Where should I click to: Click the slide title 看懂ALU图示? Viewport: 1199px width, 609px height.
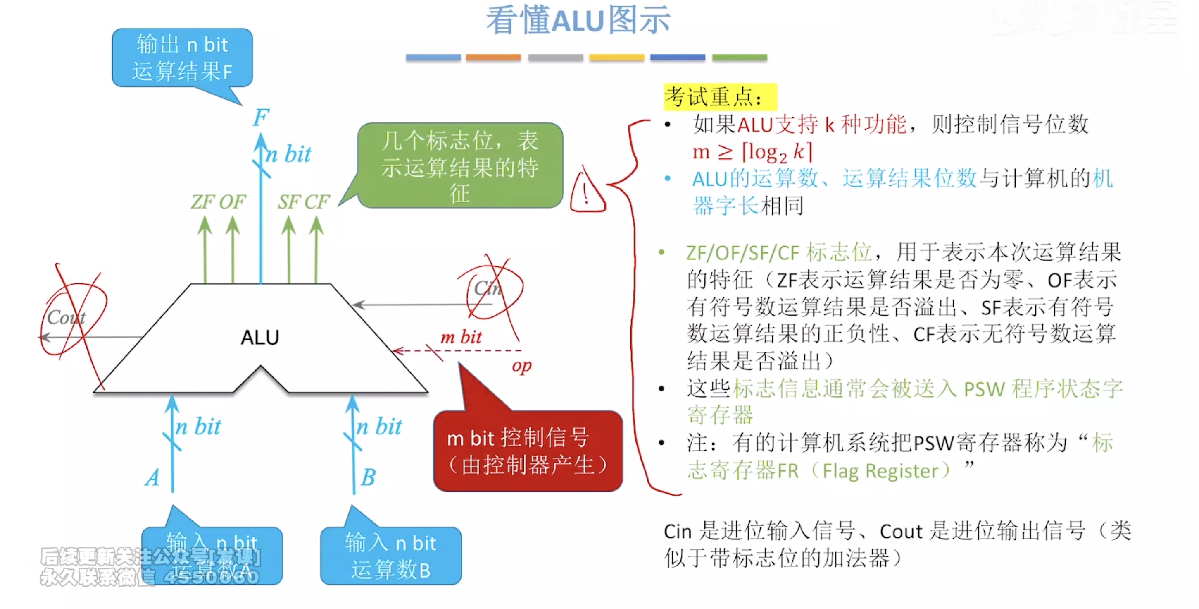coord(578,21)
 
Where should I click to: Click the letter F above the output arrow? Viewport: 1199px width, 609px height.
coord(261,117)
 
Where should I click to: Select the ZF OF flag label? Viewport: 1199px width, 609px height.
coord(218,202)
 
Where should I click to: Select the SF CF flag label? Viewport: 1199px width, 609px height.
coord(304,202)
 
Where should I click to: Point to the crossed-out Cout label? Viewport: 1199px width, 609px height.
coord(66,318)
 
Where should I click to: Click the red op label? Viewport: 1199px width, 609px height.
coord(521,366)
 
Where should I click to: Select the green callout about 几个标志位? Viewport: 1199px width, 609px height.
coord(460,166)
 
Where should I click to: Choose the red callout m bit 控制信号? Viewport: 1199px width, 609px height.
coord(528,451)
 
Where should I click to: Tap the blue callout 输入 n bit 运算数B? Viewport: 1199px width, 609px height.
coord(391,556)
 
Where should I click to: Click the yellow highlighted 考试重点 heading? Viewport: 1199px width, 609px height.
coord(720,97)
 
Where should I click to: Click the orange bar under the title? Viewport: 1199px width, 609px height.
coord(493,58)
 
